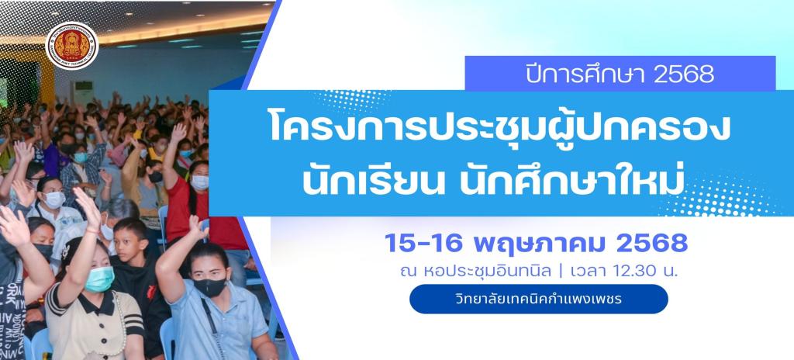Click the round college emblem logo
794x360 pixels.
(72, 46)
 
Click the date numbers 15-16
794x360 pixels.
(424, 244)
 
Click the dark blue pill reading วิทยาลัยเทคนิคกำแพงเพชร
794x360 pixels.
(539, 299)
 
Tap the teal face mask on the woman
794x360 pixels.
(99, 279)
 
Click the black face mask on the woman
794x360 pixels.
(209, 287)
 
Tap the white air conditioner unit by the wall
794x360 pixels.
(81, 92)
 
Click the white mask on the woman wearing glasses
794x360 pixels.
(54, 199)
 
